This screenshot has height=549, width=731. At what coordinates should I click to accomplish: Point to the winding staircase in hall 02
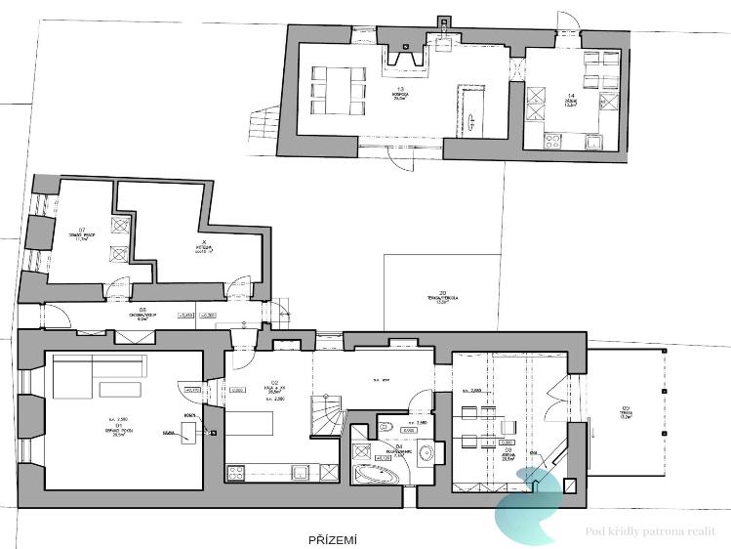pyautogui.click(x=325, y=414)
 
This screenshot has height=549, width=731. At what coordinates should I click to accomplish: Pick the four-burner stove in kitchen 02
pyautogui.click(x=236, y=473)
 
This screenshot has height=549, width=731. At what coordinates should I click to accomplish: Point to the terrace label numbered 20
pyautogui.click(x=442, y=294)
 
